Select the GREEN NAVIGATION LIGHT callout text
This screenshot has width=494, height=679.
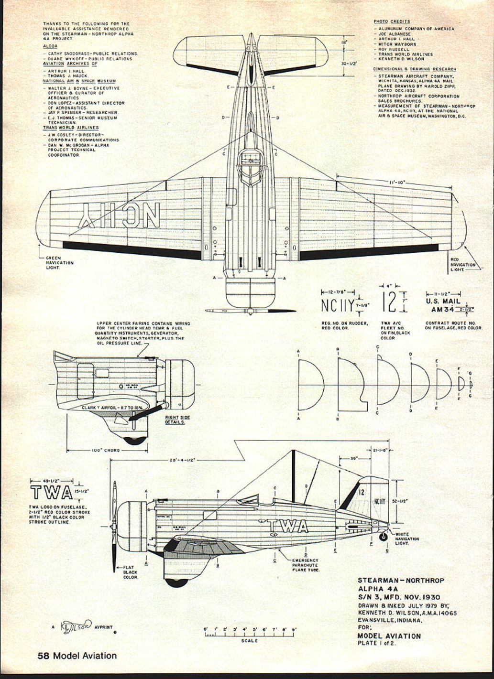[59, 262]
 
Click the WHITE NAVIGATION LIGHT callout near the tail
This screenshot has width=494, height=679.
[407, 539]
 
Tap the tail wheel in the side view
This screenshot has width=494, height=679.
[383, 537]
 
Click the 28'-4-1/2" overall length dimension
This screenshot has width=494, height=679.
[182, 460]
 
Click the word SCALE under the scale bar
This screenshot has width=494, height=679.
[250, 641]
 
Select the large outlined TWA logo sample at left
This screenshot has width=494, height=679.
[51, 493]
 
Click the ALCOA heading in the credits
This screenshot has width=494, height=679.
[50, 46]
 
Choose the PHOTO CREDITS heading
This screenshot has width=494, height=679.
[392, 22]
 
